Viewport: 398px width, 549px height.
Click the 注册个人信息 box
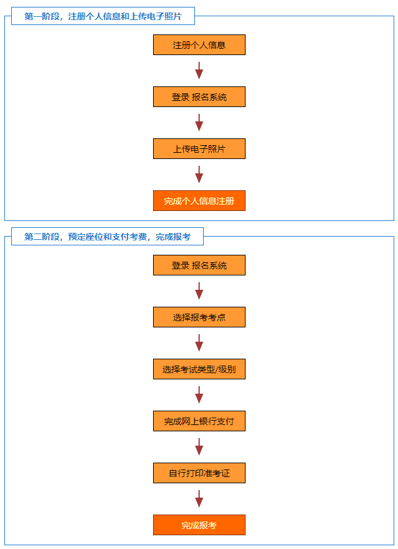tap(199, 45)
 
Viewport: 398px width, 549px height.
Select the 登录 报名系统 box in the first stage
tap(199, 97)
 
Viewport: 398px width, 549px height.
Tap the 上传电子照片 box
tap(199, 149)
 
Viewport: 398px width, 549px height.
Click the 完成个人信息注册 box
tap(199, 201)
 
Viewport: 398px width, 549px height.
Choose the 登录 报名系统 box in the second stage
tap(199, 265)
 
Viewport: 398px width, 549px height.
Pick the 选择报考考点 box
tap(199, 317)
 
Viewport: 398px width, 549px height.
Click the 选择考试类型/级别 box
tap(199, 369)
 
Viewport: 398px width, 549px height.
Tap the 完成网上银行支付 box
tap(199, 421)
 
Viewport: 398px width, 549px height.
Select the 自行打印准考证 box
tap(199, 473)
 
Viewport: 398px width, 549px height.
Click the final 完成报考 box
tap(199, 525)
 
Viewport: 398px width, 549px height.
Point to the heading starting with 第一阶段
tap(103, 16)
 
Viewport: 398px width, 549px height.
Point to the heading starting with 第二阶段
tap(107, 237)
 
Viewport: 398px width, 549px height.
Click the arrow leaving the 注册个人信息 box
tap(199, 71)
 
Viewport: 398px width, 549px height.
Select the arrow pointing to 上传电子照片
tap(199, 123)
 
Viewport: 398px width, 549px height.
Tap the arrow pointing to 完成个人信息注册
tap(199, 175)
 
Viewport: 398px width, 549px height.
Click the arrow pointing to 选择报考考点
tap(199, 291)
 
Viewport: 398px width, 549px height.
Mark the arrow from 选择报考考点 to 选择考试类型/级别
tap(199, 343)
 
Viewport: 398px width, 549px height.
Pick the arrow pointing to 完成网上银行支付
tap(199, 395)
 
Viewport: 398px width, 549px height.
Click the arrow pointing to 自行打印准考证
tap(199, 447)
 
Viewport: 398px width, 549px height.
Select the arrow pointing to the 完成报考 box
tap(199, 499)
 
